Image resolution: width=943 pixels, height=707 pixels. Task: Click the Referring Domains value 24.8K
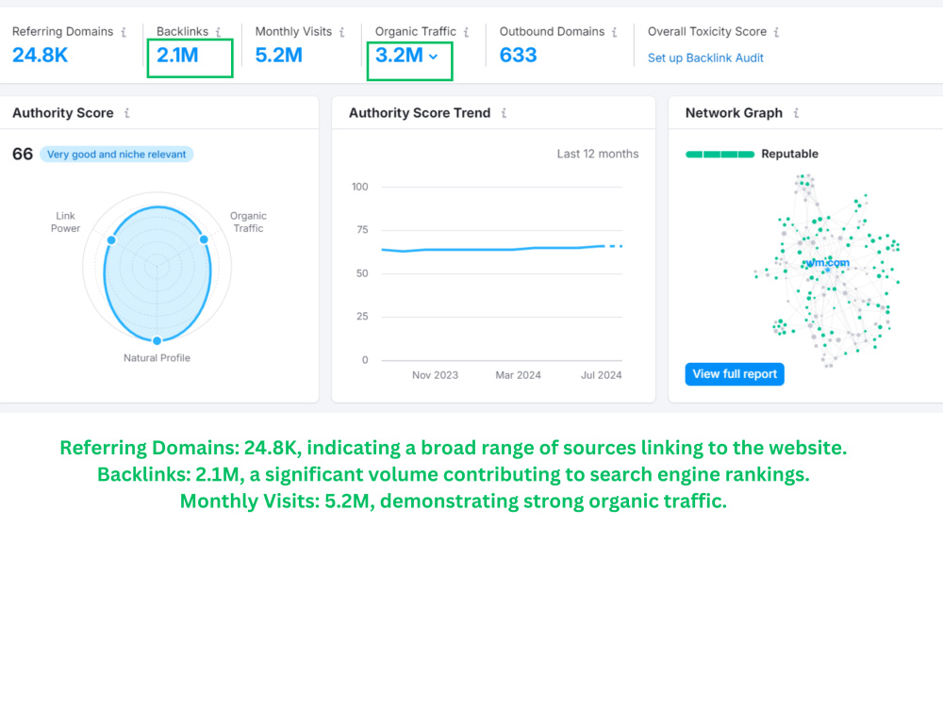(x=41, y=56)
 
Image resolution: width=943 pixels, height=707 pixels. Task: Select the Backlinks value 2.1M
(x=177, y=56)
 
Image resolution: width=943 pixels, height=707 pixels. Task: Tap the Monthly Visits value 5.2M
(x=278, y=56)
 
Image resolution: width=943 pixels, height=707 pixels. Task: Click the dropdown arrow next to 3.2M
(x=434, y=57)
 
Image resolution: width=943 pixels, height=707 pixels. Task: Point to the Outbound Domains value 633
(x=518, y=56)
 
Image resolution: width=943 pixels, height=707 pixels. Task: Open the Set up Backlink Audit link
(x=705, y=58)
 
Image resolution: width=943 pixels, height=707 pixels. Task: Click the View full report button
(x=735, y=374)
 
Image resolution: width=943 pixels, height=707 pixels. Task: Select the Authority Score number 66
(x=23, y=154)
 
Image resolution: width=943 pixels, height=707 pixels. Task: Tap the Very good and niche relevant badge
(x=117, y=155)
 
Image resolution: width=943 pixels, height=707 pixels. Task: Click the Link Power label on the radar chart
(x=66, y=222)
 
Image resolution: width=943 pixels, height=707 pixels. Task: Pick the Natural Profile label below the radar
(x=157, y=357)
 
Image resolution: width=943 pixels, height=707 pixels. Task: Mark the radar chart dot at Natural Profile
(x=157, y=341)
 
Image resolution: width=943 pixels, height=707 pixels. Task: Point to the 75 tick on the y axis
(x=362, y=230)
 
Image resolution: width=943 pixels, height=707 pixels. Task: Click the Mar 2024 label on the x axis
(x=518, y=375)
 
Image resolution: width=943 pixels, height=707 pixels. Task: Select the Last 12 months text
(x=598, y=154)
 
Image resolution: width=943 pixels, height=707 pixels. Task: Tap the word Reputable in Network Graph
(x=789, y=154)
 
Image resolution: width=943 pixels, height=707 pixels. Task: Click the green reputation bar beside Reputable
(x=720, y=155)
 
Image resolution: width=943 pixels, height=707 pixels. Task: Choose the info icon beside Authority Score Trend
(x=504, y=113)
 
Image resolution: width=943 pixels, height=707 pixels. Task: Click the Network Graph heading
(x=734, y=113)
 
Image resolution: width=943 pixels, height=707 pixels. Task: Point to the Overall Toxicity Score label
(x=707, y=31)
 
